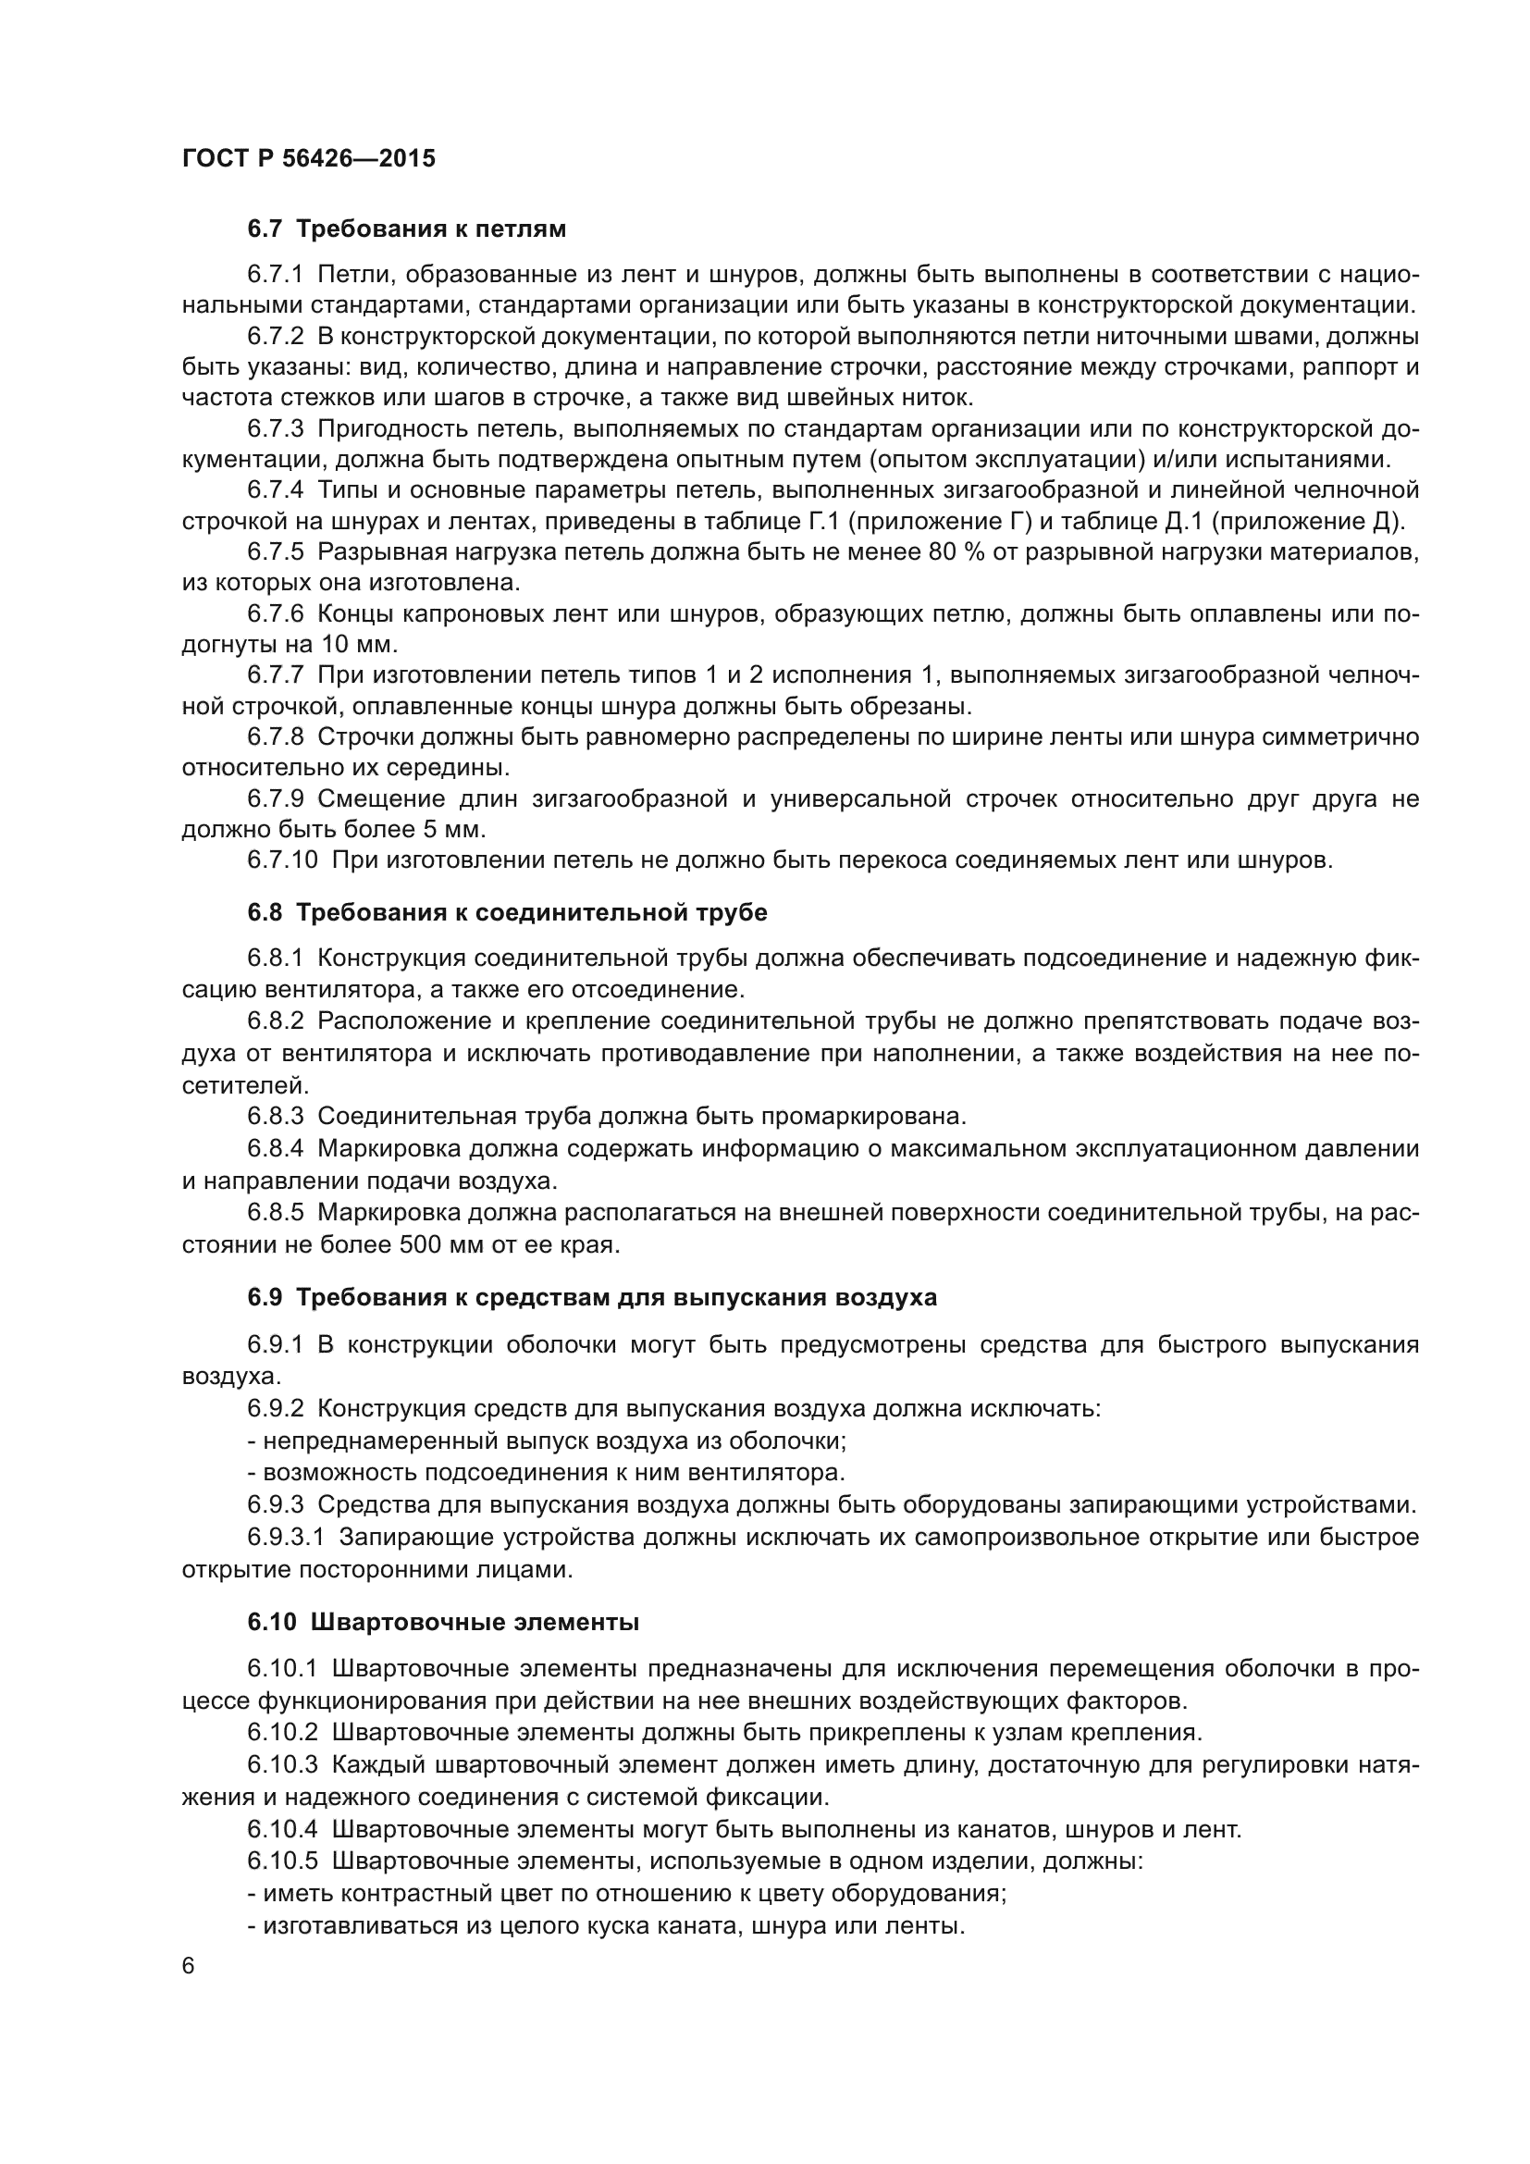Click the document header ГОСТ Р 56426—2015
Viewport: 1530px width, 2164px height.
(x=308, y=158)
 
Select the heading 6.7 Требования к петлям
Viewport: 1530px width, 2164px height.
(x=407, y=229)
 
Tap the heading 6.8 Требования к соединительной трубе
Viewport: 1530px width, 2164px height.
(x=507, y=912)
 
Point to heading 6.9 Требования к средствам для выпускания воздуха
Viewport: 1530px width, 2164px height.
(x=592, y=1298)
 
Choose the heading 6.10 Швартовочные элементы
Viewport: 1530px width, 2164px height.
(x=443, y=1622)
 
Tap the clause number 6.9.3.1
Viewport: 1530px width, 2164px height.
(x=286, y=1538)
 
